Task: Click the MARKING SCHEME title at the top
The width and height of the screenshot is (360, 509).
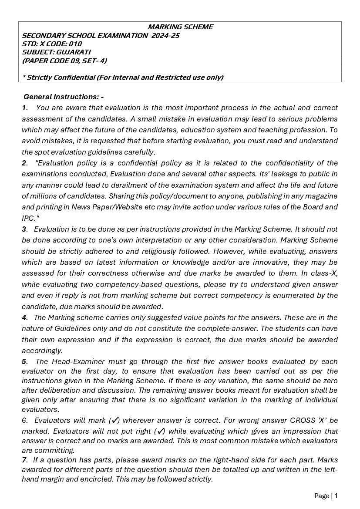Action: [x=180, y=27]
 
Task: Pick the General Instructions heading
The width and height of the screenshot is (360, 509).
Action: [x=64, y=97]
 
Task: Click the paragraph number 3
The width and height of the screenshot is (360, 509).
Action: [x=24, y=229]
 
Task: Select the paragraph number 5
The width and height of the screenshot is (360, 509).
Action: [x=24, y=361]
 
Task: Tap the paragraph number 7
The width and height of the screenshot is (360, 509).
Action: [x=24, y=460]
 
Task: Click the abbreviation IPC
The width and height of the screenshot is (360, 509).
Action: [x=27, y=218]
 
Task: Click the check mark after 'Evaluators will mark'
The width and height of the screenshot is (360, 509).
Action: [x=115, y=421]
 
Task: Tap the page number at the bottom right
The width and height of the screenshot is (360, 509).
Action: [x=336, y=496]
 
